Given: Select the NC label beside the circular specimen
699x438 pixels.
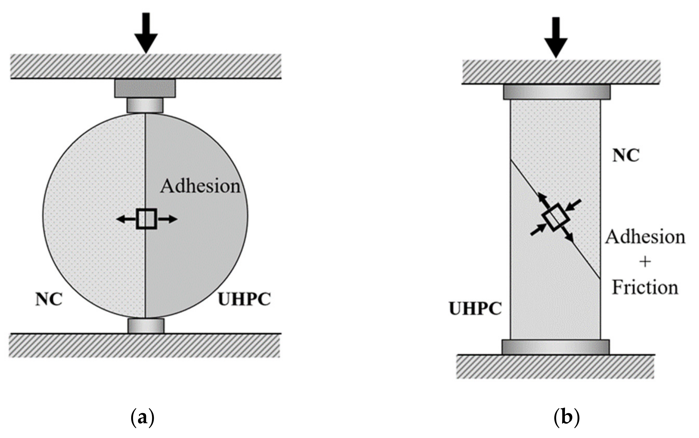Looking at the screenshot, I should pos(49,299).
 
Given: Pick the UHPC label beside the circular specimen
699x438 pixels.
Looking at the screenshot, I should pos(244,299).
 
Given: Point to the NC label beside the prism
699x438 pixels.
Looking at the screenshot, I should pos(625,156).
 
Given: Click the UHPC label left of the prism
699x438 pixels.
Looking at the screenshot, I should pos(475,308).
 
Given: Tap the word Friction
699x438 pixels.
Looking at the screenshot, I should pos(645,288).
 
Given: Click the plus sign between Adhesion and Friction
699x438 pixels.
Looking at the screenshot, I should pos(645,262).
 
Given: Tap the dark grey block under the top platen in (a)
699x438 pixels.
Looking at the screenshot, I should pos(145,88).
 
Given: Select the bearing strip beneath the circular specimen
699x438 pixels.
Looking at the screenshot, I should pos(146,326).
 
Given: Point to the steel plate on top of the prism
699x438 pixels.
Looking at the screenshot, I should pos(557,92).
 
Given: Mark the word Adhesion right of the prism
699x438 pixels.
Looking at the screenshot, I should pos(645,237).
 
